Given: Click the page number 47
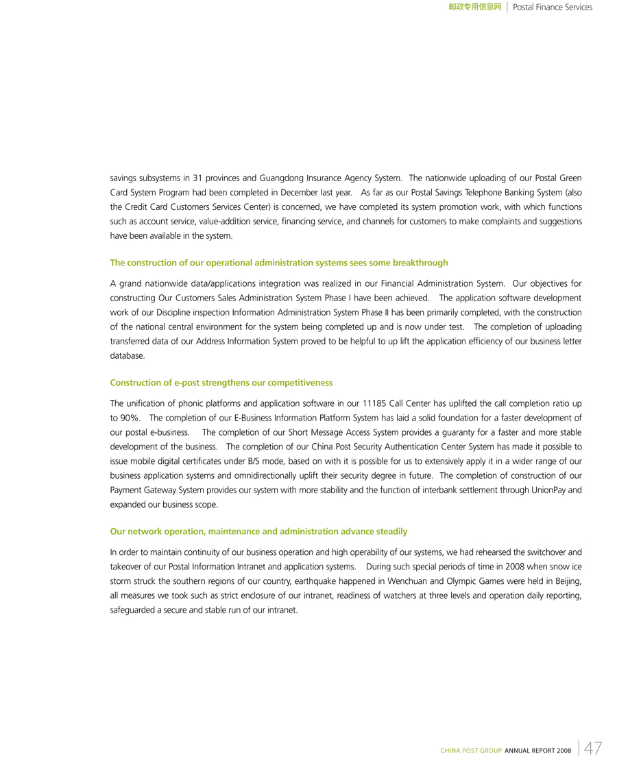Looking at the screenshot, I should pyautogui.click(x=593, y=748).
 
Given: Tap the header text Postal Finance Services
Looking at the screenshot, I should pyautogui.click(x=553, y=8).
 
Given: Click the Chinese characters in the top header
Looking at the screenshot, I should pyautogui.click(x=475, y=8).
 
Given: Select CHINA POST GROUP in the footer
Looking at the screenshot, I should pyautogui.click(x=471, y=751).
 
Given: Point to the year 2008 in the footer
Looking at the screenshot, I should pyautogui.click(x=564, y=751).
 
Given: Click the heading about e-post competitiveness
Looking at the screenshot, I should pyautogui.click(x=221, y=382).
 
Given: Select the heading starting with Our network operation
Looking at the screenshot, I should pyautogui.click(x=258, y=531).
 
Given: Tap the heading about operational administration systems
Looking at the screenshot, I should pyautogui.click(x=278, y=263).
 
